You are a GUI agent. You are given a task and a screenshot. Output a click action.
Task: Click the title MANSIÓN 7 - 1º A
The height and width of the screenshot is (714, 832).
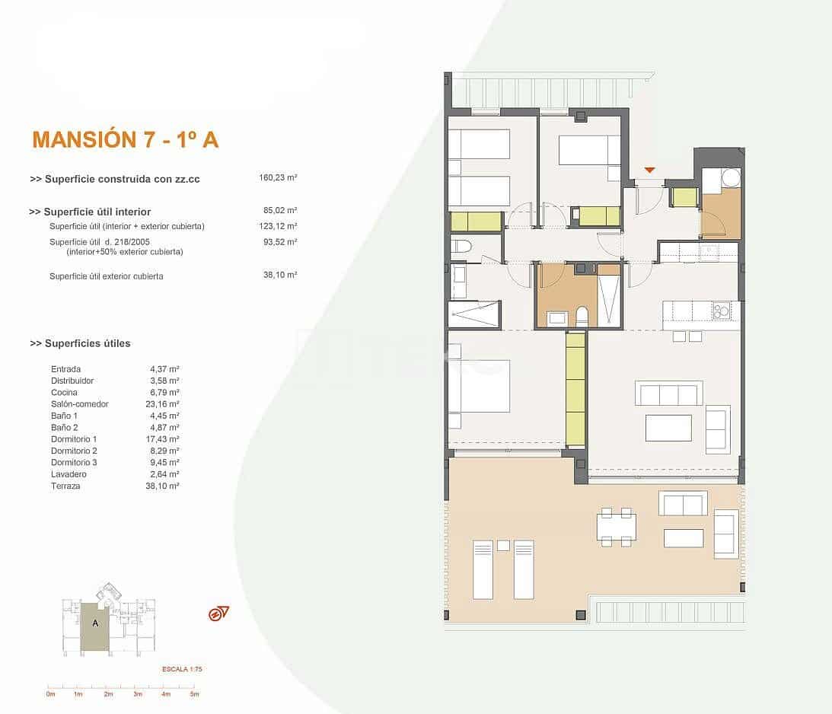point(126,139)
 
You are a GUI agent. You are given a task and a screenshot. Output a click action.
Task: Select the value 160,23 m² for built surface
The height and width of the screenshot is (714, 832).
point(278,178)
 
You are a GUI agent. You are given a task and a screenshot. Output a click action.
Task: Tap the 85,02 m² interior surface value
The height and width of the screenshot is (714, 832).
point(280,211)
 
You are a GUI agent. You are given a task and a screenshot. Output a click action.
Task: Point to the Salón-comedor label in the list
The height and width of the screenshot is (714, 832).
point(80,404)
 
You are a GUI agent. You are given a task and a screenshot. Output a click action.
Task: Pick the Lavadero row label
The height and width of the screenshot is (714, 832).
point(68,474)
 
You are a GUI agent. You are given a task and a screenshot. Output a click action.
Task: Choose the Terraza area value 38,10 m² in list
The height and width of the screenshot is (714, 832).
point(162,486)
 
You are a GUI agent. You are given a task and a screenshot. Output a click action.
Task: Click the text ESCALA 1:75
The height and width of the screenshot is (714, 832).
point(181,669)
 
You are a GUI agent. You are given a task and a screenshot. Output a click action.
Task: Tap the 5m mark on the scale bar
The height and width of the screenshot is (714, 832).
point(194,694)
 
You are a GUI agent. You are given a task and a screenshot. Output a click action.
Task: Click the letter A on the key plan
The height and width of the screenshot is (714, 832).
point(95,623)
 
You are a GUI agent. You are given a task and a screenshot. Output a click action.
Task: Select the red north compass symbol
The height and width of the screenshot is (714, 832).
point(218,614)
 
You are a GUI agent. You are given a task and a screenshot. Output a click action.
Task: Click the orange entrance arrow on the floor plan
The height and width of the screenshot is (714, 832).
point(649,169)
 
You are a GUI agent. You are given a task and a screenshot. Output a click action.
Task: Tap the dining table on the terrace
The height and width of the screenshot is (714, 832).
point(616,527)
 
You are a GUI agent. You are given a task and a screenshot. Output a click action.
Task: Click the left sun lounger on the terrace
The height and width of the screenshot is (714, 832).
point(483,569)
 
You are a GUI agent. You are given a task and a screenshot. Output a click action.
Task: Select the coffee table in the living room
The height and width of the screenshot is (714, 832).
point(668,428)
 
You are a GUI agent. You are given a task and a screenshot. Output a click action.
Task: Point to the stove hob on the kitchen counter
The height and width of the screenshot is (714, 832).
point(721,310)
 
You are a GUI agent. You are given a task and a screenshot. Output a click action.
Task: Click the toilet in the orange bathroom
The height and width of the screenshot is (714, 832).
point(582,316)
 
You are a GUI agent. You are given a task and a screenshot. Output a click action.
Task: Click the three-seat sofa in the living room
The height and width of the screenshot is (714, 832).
point(668,394)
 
